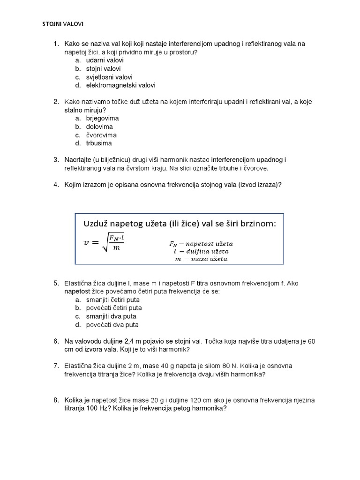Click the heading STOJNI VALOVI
click(x=63, y=24)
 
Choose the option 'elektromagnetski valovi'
click(x=120, y=85)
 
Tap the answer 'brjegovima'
click(x=102, y=118)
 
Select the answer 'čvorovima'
click(x=101, y=135)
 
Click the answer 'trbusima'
click(x=99, y=143)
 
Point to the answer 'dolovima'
click(x=99, y=127)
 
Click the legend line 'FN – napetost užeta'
click(x=201, y=244)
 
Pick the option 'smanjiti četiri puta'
click(x=113, y=300)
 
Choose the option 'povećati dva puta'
click(x=112, y=325)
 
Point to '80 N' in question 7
click(x=232, y=366)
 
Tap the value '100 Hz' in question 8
click(x=98, y=408)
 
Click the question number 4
click(x=56, y=185)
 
